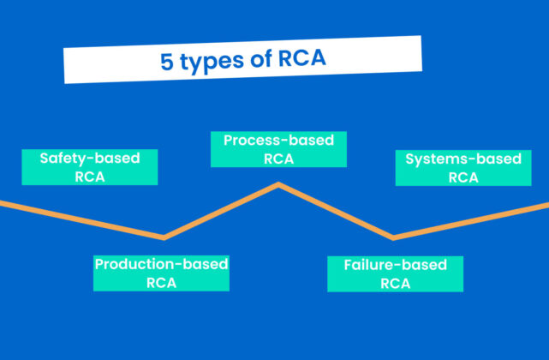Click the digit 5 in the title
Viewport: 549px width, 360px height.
pos(166,62)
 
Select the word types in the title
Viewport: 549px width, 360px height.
pos(210,62)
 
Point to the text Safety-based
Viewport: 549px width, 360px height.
pos(89,159)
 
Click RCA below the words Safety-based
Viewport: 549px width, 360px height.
pos(89,177)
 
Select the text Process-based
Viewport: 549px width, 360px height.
pos(278,140)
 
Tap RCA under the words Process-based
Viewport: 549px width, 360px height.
pos(278,159)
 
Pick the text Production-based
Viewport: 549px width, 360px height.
pos(161,264)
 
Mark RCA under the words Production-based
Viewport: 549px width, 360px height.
pos(161,283)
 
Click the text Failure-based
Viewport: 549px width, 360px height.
pos(395,265)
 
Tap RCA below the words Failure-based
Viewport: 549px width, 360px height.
pos(395,284)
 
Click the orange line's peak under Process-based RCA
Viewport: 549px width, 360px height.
pos(277,184)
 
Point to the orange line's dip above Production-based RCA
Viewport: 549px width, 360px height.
pos(164,237)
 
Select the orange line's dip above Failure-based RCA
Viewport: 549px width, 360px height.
pos(392,237)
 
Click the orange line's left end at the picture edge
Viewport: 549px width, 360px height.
pos(3,203)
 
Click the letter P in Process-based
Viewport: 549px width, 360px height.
pos(229,140)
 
